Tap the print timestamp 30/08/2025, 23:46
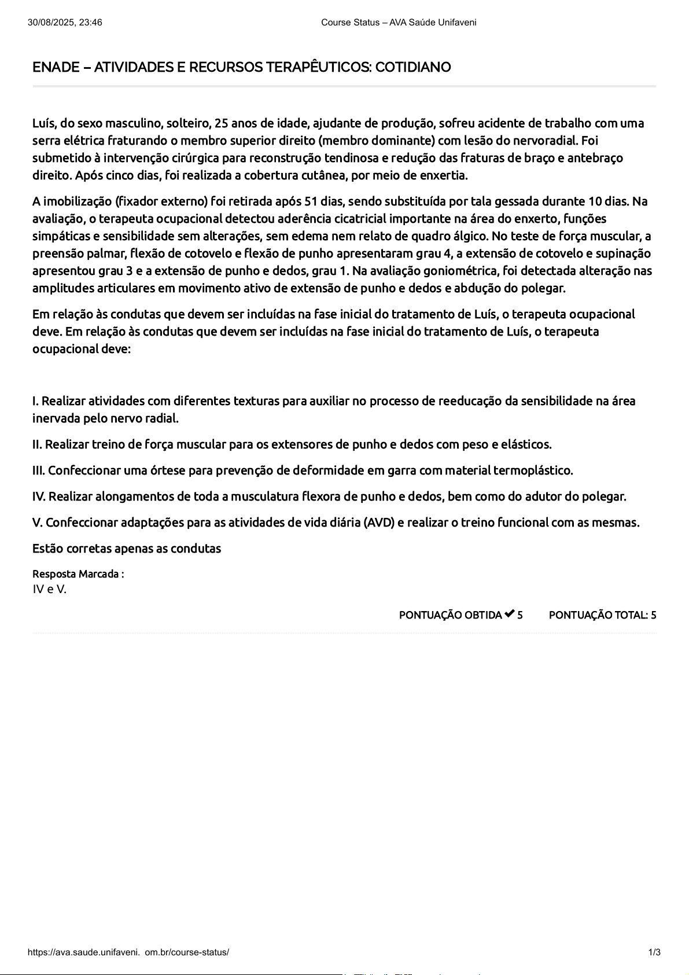(x=65, y=23)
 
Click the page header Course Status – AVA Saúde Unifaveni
(x=399, y=23)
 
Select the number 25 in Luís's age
(x=221, y=123)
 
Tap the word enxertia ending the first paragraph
(x=445, y=175)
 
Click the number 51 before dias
(x=311, y=201)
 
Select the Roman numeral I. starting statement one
(x=35, y=401)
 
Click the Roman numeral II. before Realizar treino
(x=38, y=444)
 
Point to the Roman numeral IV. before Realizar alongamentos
(x=39, y=496)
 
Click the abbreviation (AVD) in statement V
(x=379, y=523)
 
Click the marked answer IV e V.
(x=49, y=590)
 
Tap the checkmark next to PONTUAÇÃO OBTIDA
(x=510, y=614)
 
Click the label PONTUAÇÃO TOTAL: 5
(x=602, y=615)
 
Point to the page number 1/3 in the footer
(x=654, y=952)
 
